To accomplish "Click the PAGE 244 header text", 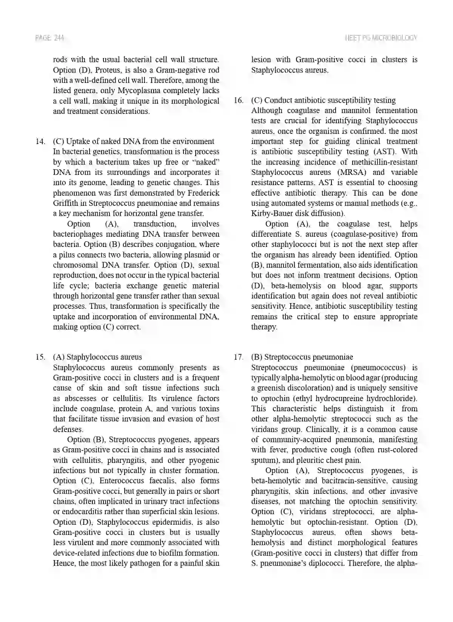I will [x=49, y=38].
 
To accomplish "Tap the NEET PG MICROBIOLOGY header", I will [x=381, y=38].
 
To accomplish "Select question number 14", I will [x=40, y=141].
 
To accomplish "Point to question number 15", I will [x=40, y=357].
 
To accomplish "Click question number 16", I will [x=239, y=100].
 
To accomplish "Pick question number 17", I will [x=239, y=357].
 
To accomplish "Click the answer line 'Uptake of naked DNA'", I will [x=134, y=141].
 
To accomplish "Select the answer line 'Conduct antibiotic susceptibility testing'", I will [x=324, y=100].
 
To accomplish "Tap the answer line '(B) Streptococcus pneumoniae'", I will [x=302, y=357].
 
